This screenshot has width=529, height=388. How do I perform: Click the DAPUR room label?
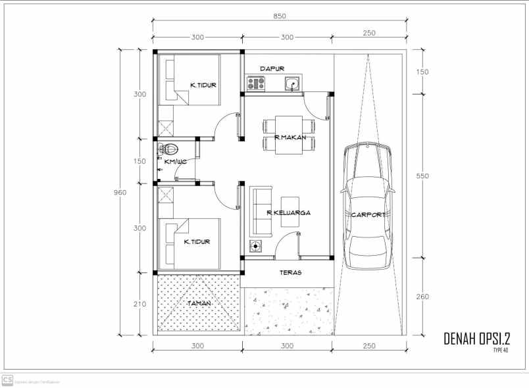pos(271,68)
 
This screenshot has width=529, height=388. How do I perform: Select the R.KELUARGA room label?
pos(288,212)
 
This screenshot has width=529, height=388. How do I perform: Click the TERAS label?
pos(290,272)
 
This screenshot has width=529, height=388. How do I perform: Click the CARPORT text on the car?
pos(368,215)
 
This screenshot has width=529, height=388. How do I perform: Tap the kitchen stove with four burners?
pos(255,84)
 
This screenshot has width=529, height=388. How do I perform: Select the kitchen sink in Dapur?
pos(292,84)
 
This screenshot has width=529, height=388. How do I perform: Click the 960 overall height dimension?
pos(120,192)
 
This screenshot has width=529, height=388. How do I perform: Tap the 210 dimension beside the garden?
pos(139,304)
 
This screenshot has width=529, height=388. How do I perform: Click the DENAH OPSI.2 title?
pos(477,339)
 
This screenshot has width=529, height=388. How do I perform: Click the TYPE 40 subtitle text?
pos(500,350)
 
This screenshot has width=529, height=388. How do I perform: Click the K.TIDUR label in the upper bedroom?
pos(203,85)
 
